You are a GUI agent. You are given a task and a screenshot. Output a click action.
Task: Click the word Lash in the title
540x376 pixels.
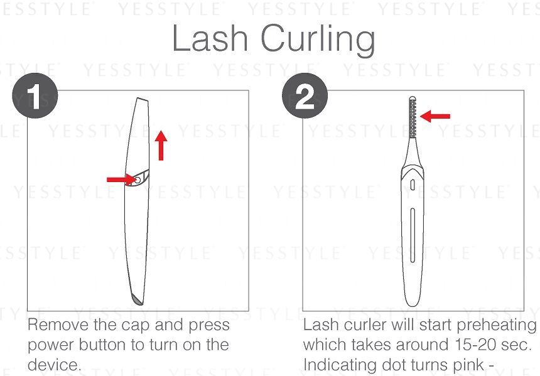coord(210,38)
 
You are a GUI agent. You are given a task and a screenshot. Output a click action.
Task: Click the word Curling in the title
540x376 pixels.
coord(318,41)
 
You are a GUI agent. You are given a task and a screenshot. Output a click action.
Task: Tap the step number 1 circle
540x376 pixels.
coord(35,95)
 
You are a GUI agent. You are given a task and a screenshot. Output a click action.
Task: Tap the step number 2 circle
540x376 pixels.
coord(305,95)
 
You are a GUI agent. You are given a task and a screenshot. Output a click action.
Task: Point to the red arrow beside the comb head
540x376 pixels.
coord(435,116)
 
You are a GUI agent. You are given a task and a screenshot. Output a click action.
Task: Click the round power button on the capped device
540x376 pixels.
coord(137,180)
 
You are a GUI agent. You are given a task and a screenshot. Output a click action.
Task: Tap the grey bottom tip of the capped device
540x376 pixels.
coord(138,299)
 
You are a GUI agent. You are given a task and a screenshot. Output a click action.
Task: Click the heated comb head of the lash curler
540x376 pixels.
coord(413,117)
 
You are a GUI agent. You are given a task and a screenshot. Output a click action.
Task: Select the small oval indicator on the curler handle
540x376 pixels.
coord(413,185)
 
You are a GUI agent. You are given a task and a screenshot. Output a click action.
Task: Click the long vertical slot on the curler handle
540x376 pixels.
coord(413,235)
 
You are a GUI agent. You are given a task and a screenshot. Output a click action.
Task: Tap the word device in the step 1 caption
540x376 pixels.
coord(55,364)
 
